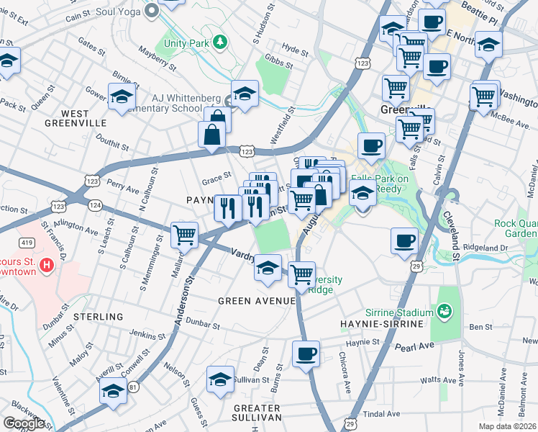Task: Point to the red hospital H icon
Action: click(47, 266)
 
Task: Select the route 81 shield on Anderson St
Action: click(133, 387)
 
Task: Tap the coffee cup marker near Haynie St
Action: click(306, 354)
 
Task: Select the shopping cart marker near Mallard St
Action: click(185, 234)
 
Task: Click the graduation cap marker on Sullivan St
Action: click(220, 379)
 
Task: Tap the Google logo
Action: click(24, 423)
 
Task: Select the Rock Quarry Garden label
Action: click(516, 228)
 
